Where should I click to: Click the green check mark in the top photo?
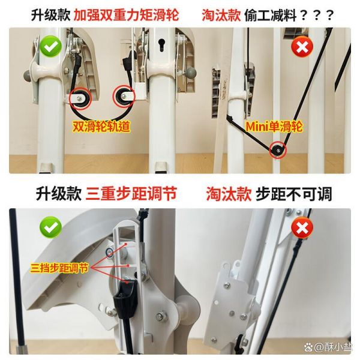click(x=51, y=46)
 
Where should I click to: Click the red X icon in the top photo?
click(x=302, y=47)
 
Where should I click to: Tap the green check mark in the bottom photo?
click(x=51, y=227)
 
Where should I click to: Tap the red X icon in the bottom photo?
click(x=302, y=228)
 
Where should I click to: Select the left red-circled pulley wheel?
click(x=80, y=98)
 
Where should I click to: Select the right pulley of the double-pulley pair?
click(x=123, y=97)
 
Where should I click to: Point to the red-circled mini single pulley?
click(x=278, y=150)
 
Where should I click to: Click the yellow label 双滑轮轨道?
click(x=101, y=127)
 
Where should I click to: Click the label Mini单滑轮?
click(x=274, y=127)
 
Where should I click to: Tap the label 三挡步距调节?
click(x=59, y=268)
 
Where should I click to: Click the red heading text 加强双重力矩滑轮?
click(x=126, y=16)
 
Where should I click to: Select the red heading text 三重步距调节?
click(x=131, y=194)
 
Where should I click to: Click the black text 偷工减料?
click(x=271, y=16)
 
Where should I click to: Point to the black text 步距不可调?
click(x=293, y=194)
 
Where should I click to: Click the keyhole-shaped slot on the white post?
click(x=161, y=44)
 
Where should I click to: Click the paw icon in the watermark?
click(x=308, y=346)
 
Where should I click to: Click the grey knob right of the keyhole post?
click(x=191, y=73)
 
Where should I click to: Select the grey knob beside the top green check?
click(x=28, y=76)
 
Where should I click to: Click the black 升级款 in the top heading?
click(x=50, y=16)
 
